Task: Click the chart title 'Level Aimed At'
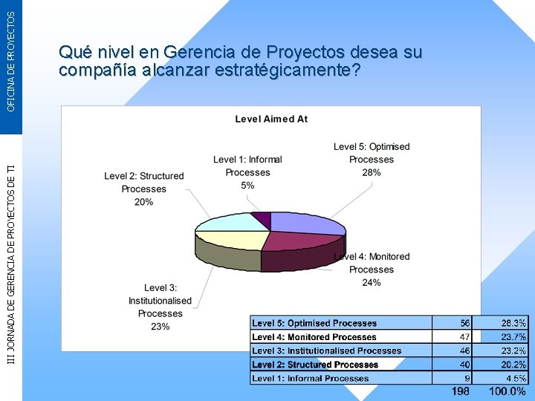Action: point(271,119)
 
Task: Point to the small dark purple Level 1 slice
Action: point(262,218)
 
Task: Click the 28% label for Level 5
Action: point(372,172)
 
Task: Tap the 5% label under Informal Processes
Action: point(247,185)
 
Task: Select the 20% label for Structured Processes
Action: point(143,202)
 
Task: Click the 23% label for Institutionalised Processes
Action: point(160,327)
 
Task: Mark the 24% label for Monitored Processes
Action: point(372,282)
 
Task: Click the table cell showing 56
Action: point(464,323)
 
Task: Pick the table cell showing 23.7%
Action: point(513,337)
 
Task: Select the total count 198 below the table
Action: point(460,391)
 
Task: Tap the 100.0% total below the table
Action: point(507,391)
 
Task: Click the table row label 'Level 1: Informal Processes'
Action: point(310,378)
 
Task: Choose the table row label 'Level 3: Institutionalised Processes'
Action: point(326,351)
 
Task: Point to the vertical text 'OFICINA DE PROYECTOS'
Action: point(10,56)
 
